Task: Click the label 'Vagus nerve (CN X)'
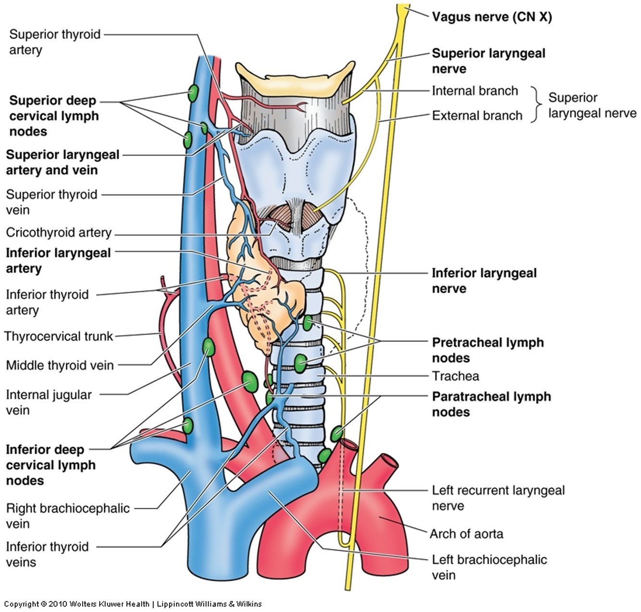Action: [x=492, y=17]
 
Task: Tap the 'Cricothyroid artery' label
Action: [x=59, y=233]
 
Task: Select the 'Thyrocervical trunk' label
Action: [x=59, y=336]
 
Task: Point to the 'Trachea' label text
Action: [x=455, y=376]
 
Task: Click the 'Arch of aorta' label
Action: [x=466, y=534]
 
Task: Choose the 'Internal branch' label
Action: [x=475, y=91]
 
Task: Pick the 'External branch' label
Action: [x=477, y=116]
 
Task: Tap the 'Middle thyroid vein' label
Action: [x=60, y=365]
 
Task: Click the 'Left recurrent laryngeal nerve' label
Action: [x=498, y=498]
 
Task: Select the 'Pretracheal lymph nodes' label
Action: [x=488, y=350]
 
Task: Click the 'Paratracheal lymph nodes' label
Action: [x=491, y=404]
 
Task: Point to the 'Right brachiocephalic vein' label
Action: [x=67, y=516]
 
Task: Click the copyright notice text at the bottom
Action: [x=133, y=604]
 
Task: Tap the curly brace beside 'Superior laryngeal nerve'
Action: [x=534, y=104]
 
